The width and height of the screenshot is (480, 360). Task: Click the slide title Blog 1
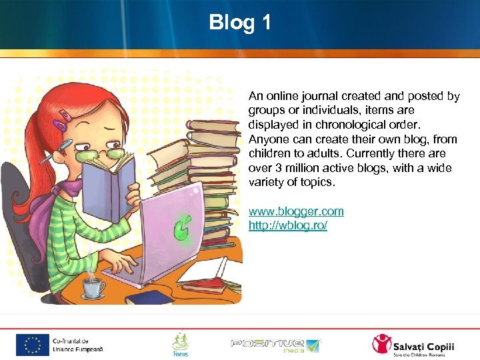pos(240,23)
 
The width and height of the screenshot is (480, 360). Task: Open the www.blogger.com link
pos(296,211)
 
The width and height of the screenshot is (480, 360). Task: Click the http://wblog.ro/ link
pos(287,225)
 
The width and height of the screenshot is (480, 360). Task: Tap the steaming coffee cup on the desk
pos(93,286)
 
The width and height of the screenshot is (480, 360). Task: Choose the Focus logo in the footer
pos(180,344)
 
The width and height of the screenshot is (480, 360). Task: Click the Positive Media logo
pos(275,344)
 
